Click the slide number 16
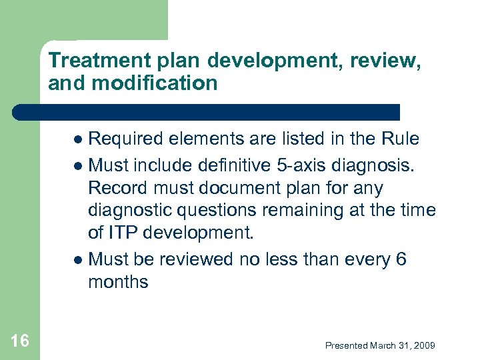tap(20, 341)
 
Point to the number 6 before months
tap(401, 259)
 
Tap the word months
tap(118, 282)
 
